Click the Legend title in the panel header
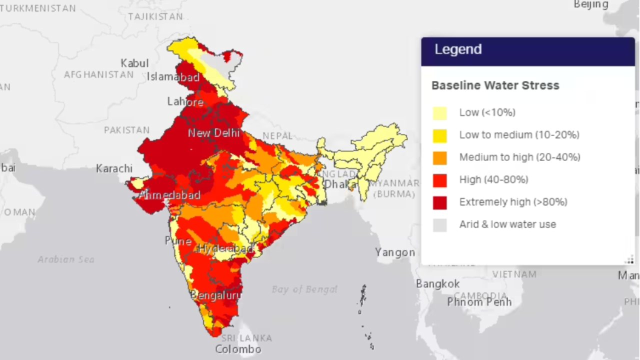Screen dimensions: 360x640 pos(458,49)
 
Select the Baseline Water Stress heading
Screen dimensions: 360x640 pos(495,85)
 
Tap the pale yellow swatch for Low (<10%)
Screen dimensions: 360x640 pos(440,113)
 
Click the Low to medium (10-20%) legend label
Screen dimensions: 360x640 pos(519,135)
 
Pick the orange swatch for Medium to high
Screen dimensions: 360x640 pos(440,158)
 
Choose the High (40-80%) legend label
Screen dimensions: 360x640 pos(493,179)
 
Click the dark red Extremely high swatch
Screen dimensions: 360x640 pos(440,202)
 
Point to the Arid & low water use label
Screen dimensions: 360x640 pos(507,224)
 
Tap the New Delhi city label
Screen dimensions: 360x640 pos(213,133)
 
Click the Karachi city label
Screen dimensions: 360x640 pos(114,168)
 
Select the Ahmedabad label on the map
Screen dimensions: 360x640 pos(169,195)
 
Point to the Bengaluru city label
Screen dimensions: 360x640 pos(215,295)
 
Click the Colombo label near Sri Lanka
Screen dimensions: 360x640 pos(238,349)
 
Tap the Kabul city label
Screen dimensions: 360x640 pos(134,63)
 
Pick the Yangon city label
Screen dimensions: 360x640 pos(395,252)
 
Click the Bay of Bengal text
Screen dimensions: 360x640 pos(304,289)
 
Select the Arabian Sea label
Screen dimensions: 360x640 pos(65,259)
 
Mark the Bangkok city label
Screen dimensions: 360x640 pos(437,284)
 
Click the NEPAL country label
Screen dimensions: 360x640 pos(277,136)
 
